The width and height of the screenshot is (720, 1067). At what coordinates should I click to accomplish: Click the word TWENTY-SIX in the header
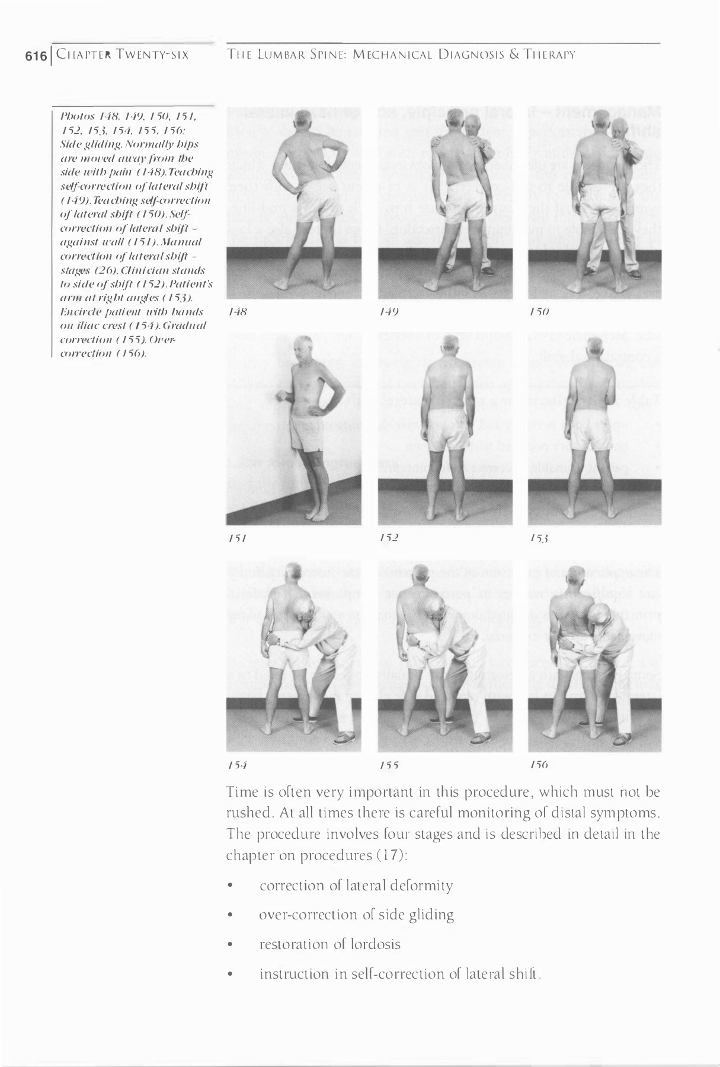153,56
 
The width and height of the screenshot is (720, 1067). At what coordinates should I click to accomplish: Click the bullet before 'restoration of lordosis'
231,945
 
